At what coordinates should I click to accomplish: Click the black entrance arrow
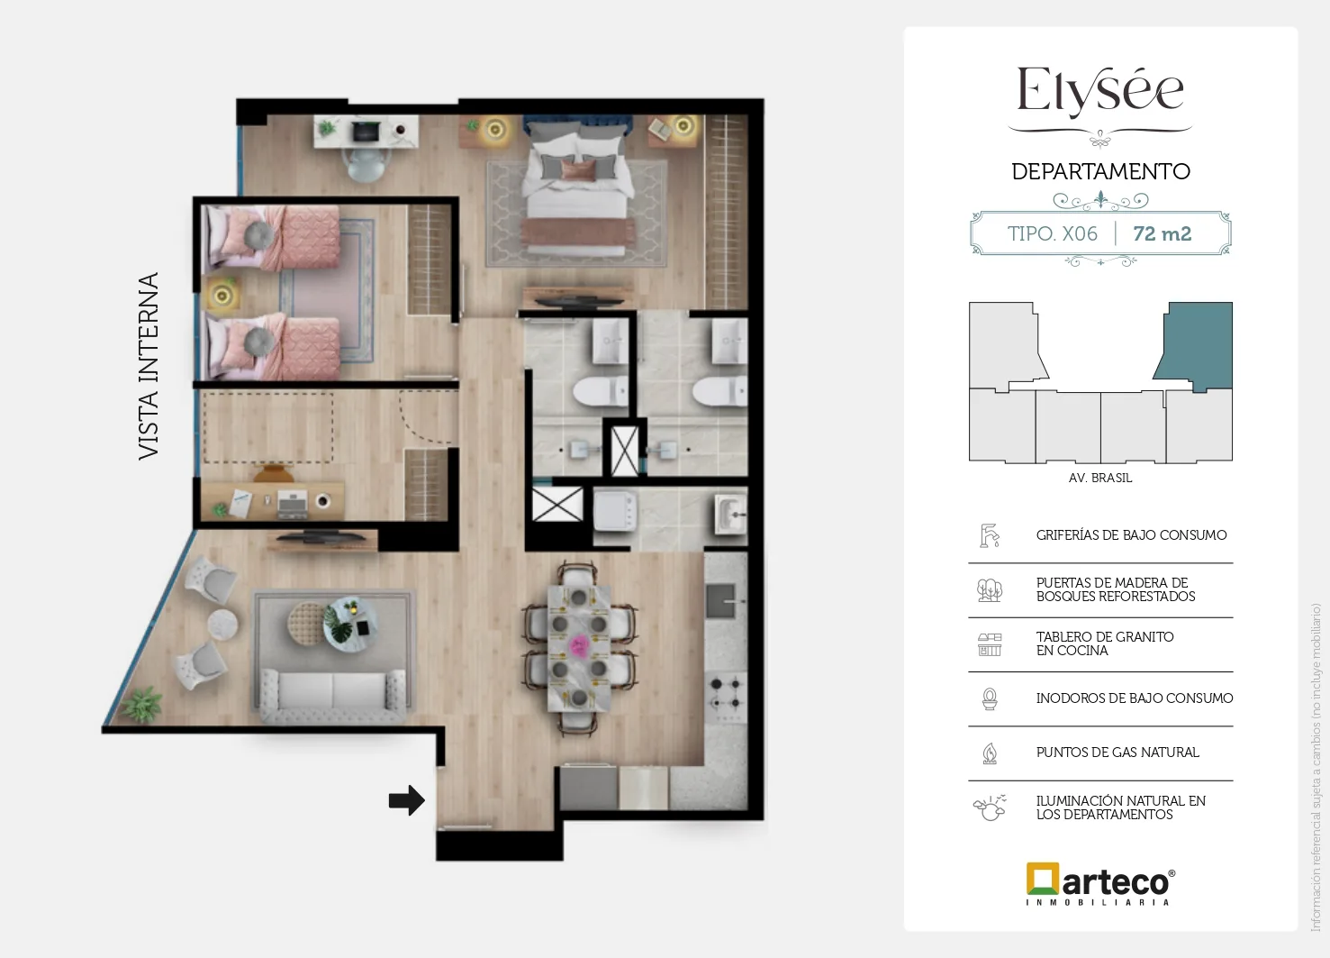tap(407, 800)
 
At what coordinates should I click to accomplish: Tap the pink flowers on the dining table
tap(579, 645)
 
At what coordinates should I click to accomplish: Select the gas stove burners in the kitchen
tap(726, 693)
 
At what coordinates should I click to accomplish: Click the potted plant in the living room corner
tap(141, 705)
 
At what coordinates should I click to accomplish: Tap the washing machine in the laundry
tap(616, 510)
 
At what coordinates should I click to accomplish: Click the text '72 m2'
tap(1162, 233)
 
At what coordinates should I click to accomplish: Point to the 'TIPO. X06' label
tap(1052, 233)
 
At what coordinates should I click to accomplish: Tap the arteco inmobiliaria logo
tap(1100, 884)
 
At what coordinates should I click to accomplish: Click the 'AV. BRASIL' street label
tap(1100, 478)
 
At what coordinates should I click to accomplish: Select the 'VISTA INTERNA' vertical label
tap(149, 366)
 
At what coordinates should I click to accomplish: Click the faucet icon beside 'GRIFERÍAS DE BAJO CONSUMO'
tap(990, 535)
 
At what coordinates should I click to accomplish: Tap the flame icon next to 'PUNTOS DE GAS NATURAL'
tap(990, 753)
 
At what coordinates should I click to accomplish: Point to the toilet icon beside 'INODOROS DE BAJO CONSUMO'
tap(990, 698)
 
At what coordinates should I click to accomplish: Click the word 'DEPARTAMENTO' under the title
tap(1100, 172)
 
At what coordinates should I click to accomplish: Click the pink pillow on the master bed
tap(576, 170)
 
